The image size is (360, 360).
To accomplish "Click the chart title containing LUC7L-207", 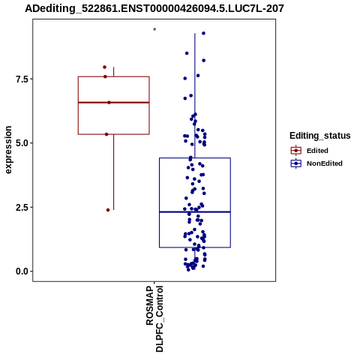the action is click(x=154, y=8).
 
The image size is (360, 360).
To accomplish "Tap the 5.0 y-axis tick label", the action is click(x=21, y=143).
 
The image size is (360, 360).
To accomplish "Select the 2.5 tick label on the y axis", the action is click(x=21, y=207).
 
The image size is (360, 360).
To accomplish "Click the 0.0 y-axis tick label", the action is click(x=21, y=271).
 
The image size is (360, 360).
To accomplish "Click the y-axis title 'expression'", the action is click(x=8, y=150).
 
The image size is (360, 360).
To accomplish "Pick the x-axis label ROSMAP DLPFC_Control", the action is click(x=154, y=319).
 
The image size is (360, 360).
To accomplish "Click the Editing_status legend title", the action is click(x=320, y=136).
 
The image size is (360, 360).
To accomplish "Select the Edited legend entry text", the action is click(x=317, y=151).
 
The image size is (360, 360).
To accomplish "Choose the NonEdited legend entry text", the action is click(x=325, y=163).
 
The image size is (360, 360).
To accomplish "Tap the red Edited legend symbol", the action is click(x=296, y=151).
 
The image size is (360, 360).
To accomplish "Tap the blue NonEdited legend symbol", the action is click(x=296, y=163).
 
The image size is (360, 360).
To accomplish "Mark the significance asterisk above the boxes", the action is click(x=154, y=30).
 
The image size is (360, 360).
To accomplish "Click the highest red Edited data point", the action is click(x=104, y=67).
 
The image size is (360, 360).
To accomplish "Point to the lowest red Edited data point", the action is click(x=108, y=210).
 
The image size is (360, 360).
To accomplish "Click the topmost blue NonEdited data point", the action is click(x=203, y=33).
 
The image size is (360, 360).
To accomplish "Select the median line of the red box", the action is click(x=114, y=103).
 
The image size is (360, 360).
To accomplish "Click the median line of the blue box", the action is click(x=195, y=212).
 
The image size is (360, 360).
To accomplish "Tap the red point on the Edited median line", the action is click(x=109, y=103).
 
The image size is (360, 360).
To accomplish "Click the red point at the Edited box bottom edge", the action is click(x=106, y=134).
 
